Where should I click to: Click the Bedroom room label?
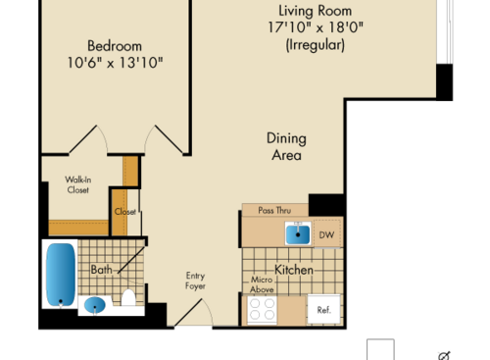click(x=115, y=45)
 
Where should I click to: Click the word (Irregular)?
click(x=315, y=45)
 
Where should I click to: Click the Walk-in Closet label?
click(x=77, y=184)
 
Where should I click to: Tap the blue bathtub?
click(x=60, y=274)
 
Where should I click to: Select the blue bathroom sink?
click(x=95, y=305)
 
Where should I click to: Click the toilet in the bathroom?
click(x=127, y=298)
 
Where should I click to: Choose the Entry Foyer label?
click(x=196, y=282)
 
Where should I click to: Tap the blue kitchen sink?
click(x=297, y=233)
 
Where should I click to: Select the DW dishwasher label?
click(x=326, y=234)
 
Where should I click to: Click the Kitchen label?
click(x=293, y=270)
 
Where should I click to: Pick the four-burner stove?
click(x=261, y=310)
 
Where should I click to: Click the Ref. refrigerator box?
click(x=323, y=310)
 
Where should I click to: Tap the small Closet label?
click(x=124, y=211)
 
